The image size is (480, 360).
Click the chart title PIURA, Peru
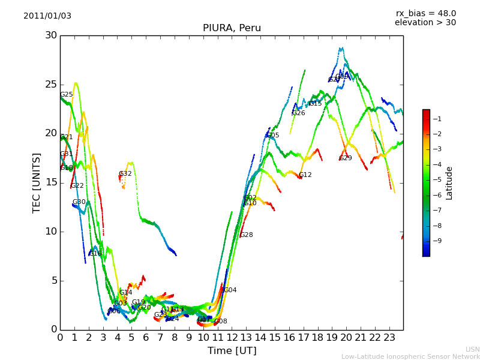pos(232,28)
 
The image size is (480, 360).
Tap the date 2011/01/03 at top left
pos(47,16)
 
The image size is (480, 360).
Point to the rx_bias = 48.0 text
pos(425,13)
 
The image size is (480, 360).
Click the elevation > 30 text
pos(425,23)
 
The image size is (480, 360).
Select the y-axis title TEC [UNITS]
pos(37,182)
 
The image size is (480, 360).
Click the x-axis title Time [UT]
pos(232,350)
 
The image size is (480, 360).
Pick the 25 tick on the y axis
pos(50,85)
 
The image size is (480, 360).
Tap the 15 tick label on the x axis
pos(275,338)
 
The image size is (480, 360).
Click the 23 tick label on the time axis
pos(389,338)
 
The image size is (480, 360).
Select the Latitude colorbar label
pos(449,182)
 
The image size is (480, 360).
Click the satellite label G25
pos(67,95)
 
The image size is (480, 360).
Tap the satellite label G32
pos(125,174)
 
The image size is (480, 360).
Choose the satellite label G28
pos(247,235)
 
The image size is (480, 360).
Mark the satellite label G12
pos(305,175)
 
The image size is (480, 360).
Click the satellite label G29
pos(346,158)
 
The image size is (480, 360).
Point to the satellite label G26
pos(299,113)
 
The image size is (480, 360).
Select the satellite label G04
pos(230,290)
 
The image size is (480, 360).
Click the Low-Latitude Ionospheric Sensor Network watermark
pos(410,356)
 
